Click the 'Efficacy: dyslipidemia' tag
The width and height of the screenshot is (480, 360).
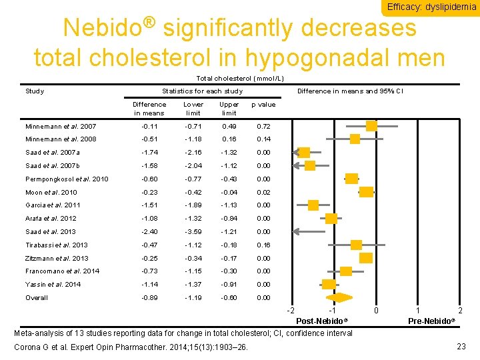pos(431,7)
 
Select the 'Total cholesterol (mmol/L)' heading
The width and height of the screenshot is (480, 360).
pos(239,79)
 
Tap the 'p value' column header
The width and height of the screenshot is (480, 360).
pos(263,105)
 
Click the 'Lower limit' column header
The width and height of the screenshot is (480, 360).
pos(193,109)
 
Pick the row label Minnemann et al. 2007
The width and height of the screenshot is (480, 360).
pos(61,126)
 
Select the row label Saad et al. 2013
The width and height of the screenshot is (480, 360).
pos(51,231)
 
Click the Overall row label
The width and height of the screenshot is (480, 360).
pos(37,297)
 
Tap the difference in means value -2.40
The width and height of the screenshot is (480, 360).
pos(149,231)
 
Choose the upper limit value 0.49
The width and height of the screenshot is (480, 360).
pos(229,126)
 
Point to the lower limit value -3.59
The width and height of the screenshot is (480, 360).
pos(193,231)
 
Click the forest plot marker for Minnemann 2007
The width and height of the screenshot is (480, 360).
pos(371,125)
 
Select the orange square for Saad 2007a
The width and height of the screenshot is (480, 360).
pos(303,152)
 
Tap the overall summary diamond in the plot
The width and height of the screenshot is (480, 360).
pos(339,297)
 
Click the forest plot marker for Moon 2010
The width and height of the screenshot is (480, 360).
pos(367,191)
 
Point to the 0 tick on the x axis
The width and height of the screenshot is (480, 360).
pos(376,311)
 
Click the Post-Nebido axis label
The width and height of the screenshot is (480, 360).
pos(322,321)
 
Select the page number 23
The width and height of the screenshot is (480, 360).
pos(461,346)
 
